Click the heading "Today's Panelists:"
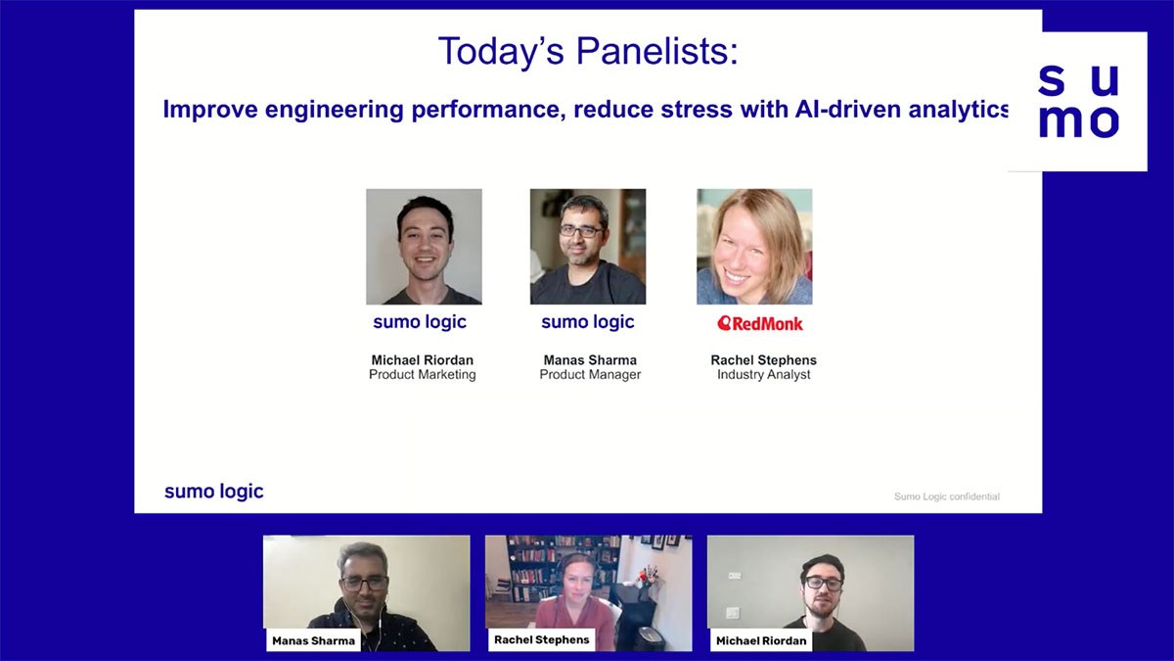pos(588,51)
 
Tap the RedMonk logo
pos(760,323)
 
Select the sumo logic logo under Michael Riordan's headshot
pos(420,321)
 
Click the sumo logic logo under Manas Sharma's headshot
pos(588,321)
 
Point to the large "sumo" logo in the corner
pos(1078,101)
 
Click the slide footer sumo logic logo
pos(214,491)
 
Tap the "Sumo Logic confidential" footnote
pos(947,496)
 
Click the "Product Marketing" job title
pos(423,374)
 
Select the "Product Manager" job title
pos(590,374)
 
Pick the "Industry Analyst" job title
pos(764,374)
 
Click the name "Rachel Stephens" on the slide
pos(764,360)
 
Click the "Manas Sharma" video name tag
pos(313,640)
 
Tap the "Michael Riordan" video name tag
pos(761,640)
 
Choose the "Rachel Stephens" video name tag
pos(541,639)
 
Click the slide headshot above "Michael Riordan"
pos(424,247)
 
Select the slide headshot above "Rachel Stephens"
pos(754,247)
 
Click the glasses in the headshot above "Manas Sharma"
pos(582,231)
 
